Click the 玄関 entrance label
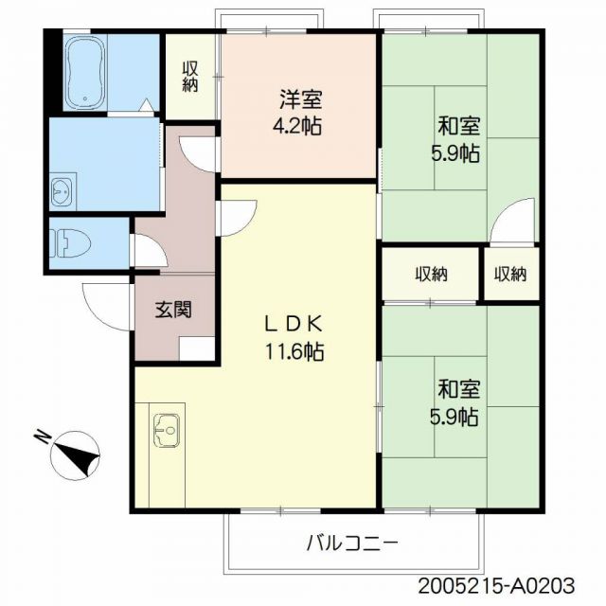click(174, 310)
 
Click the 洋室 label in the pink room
click(299, 98)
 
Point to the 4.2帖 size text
click(299, 126)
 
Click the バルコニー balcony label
click(352, 544)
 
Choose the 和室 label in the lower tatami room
click(458, 389)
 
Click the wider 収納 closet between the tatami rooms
click(431, 275)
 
